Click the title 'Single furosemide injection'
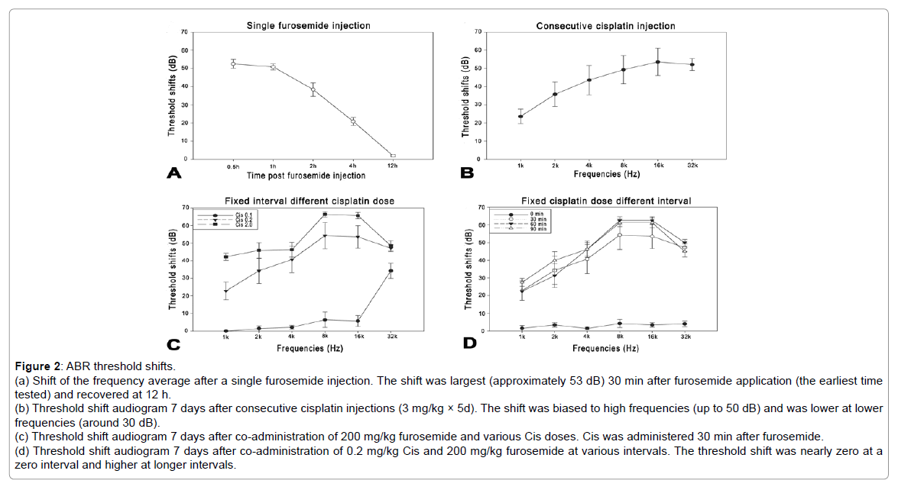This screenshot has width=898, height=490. (x=308, y=26)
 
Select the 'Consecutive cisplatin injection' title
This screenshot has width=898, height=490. (x=605, y=26)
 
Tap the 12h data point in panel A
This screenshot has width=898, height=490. (x=393, y=156)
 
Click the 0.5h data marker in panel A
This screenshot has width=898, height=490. (x=233, y=63)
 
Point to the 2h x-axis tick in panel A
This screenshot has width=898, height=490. (x=313, y=166)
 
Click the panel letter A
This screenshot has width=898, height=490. (x=173, y=173)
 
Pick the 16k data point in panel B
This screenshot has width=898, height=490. (x=657, y=62)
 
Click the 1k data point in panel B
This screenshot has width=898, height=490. (x=520, y=117)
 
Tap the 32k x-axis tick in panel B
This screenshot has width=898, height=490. (x=692, y=166)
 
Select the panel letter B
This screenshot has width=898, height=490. (x=468, y=173)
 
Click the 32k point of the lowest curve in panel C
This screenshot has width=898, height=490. (x=391, y=271)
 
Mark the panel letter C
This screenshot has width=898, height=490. (x=173, y=345)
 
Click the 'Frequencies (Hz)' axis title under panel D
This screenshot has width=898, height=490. (x=605, y=348)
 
